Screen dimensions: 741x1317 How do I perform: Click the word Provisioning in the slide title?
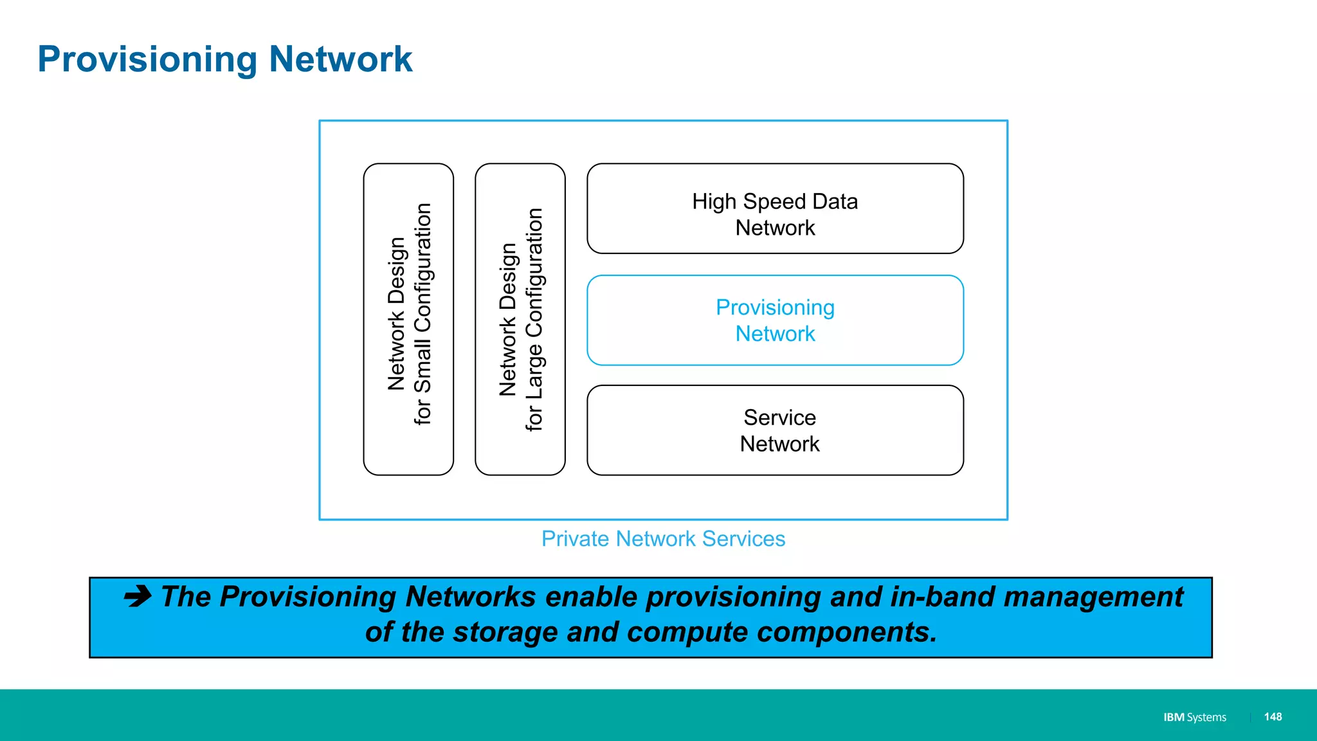[x=147, y=60]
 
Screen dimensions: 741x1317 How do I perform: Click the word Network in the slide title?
[x=340, y=59]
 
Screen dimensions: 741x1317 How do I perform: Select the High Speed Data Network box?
[x=775, y=209]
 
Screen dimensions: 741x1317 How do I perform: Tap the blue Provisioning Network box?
[x=775, y=320]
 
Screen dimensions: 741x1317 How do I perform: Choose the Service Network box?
[x=775, y=430]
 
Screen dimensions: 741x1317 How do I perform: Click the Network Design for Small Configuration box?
[x=408, y=320]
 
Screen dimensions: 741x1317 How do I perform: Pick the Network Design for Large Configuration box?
[x=520, y=320]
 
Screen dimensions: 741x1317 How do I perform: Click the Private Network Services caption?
[x=663, y=539]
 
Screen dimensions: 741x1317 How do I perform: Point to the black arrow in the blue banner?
[x=138, y=596]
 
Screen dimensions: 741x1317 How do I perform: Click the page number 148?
[x=1273, y=717]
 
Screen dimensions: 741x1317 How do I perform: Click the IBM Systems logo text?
[x=1194, y=717]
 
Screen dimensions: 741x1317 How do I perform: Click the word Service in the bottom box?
[x=779, y=418]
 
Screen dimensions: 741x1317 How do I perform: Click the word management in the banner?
[x=1093, y=597]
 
